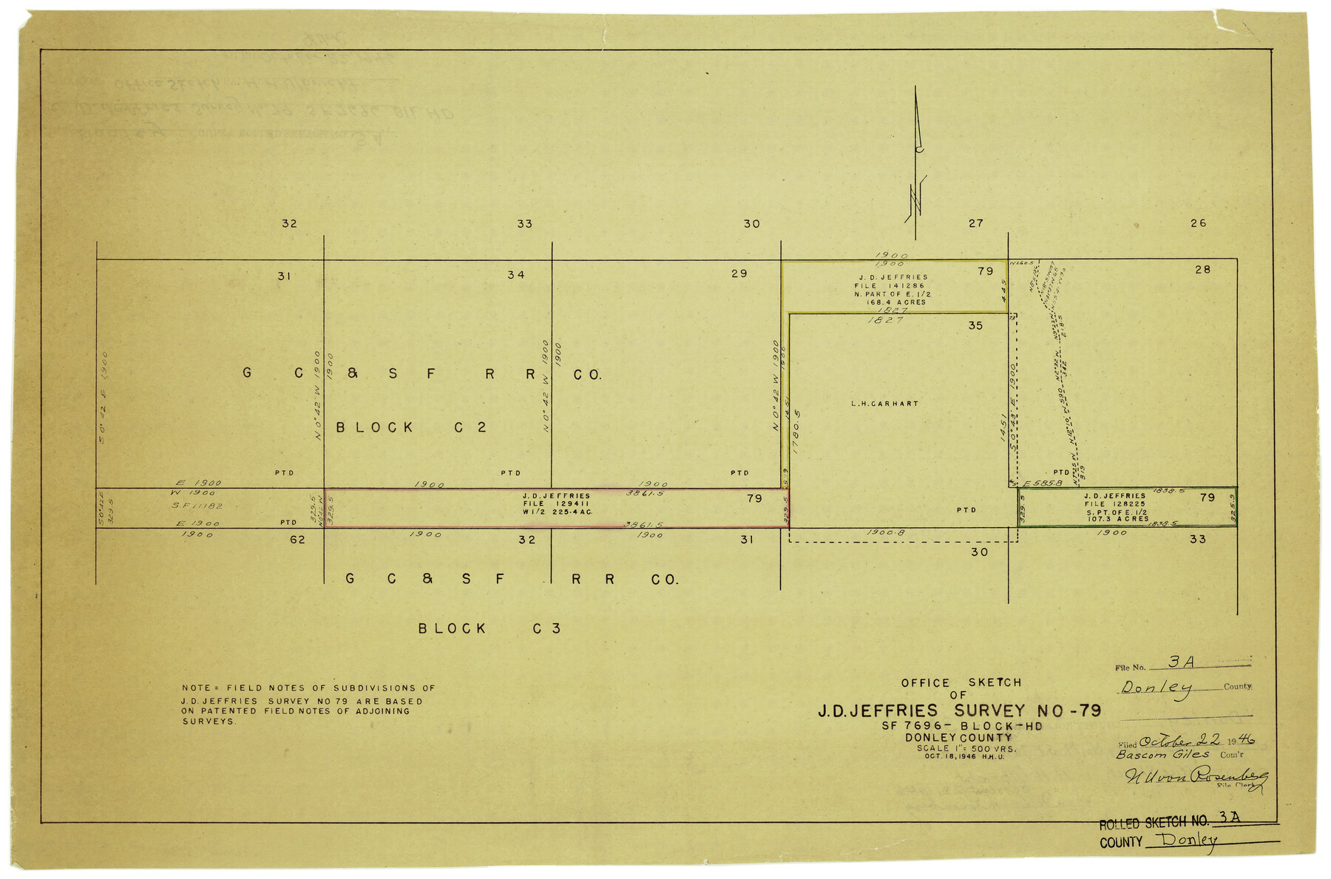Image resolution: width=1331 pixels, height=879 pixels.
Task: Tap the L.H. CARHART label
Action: click(884, 404)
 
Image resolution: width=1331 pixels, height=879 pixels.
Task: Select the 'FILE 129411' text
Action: click(556, 503)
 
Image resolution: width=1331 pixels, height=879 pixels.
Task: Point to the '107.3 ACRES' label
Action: click(1117, 519)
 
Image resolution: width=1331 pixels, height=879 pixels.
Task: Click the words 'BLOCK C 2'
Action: click(411, 427)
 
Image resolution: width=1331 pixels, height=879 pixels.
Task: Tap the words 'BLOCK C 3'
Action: click(490, 628)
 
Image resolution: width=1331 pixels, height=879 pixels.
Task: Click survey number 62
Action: click(297, 540)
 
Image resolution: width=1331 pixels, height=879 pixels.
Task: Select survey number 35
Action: click(975, 325)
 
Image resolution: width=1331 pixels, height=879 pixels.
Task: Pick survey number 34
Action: click(515, 275)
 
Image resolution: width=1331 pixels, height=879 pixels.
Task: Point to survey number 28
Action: click(1202, 270)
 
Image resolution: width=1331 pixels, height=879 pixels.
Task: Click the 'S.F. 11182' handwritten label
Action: click(197, 506)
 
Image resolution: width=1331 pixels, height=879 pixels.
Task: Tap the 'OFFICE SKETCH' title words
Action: click(961, 682)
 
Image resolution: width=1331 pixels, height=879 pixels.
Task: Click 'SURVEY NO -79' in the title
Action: click(1027, 711)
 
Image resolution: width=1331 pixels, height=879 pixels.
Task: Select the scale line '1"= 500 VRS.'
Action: click(966, 748)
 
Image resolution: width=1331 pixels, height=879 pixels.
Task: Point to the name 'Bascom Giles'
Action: click(1162, 755)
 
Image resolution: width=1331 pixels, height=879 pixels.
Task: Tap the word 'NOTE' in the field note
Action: click(196, 688)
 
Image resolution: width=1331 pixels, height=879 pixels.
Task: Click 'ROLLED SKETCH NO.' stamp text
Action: click(1154, 823)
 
